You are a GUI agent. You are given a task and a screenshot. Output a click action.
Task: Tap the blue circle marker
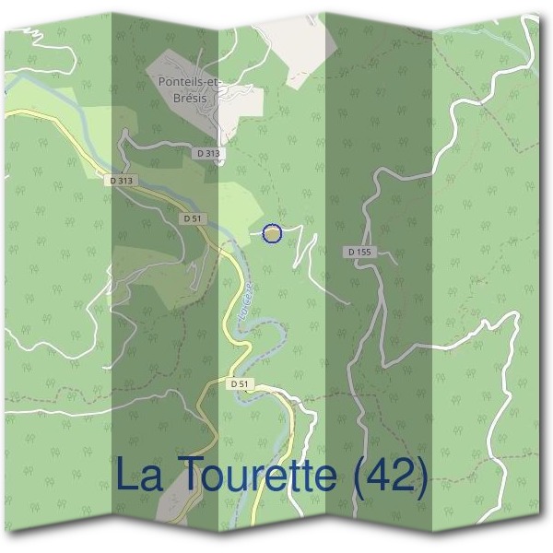272,234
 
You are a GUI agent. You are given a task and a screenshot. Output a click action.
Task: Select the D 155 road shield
359,251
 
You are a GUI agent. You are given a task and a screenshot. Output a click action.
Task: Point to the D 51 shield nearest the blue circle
192,218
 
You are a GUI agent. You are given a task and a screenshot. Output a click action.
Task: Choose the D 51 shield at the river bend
240,382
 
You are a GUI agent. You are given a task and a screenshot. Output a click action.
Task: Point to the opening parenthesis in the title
361,477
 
